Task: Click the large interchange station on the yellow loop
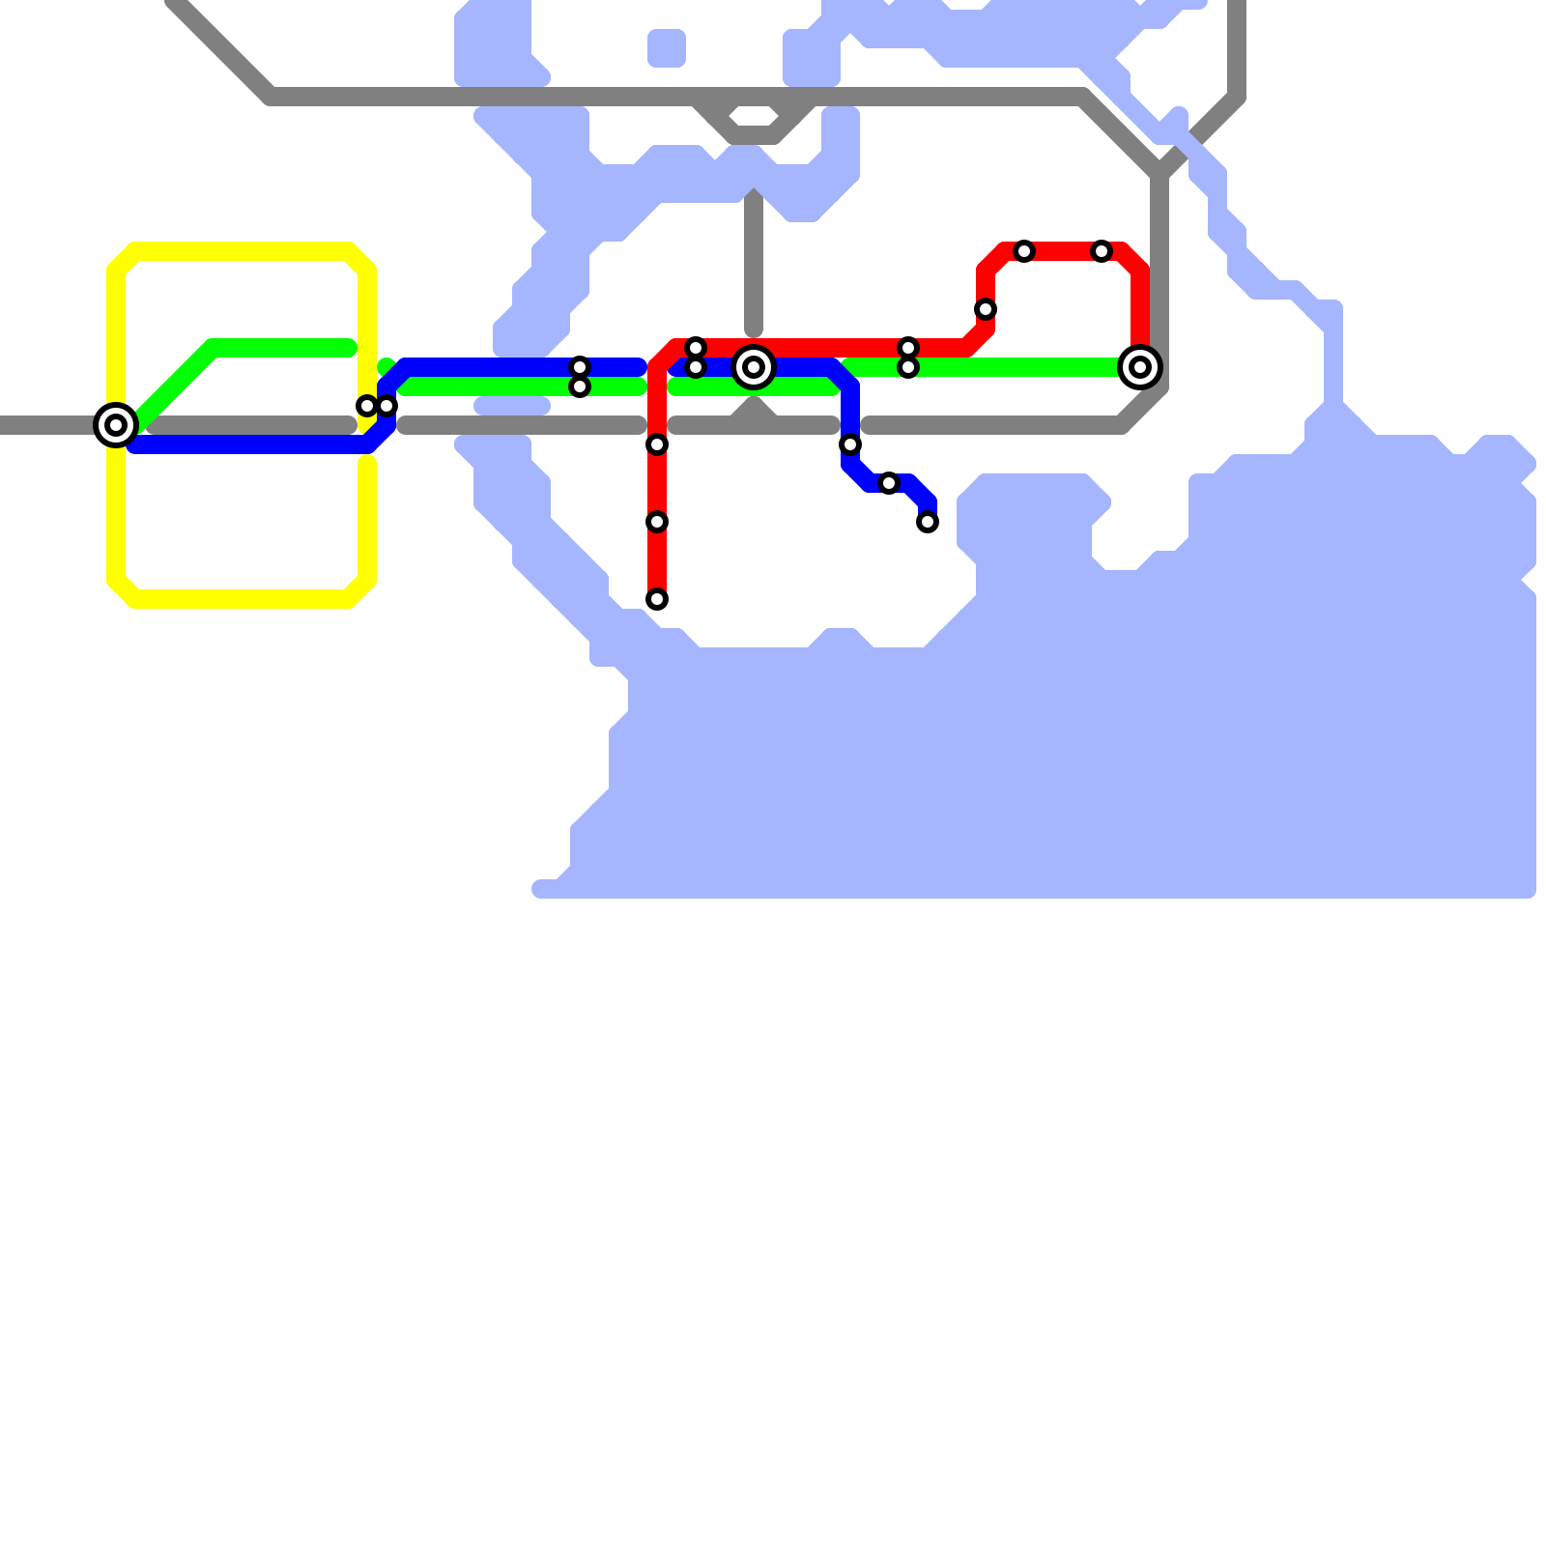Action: [116, 425]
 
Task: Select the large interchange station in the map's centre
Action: [754, 367]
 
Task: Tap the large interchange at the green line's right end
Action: [1140, 367]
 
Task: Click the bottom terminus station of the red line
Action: [657, 599]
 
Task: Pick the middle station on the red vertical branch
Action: [657, 522]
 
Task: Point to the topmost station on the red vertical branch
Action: [657, 444]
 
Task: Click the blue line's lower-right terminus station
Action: [928, 522]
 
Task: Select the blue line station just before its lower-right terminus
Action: [889, 483]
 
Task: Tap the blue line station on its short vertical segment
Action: [850, 444]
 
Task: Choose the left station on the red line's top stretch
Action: [1024, 251]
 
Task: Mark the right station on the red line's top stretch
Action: [1102, 251]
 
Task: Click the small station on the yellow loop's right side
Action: [367, 406]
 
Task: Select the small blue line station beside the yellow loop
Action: [386, 406]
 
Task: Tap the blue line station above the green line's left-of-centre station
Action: [580, 367]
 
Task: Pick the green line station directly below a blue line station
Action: [580, 386]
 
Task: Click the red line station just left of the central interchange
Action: [696, 348]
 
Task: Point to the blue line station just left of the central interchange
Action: [696, 367]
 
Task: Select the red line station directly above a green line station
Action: [908, 348]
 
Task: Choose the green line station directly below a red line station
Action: [908, 367]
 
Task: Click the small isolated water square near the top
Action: [667, 48]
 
